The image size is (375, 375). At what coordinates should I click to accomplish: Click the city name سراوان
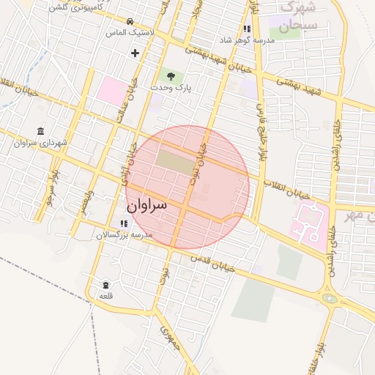146,205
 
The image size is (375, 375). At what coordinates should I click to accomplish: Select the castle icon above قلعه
106,284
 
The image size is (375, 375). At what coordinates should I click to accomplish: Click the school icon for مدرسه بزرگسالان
123,223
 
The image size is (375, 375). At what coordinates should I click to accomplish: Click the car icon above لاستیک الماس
130,21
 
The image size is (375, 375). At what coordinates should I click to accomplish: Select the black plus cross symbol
135,53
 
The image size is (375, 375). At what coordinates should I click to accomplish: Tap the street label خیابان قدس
213,262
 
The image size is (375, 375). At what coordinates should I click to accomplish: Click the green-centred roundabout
329,298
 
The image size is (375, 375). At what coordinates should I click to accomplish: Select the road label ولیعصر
89,201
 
